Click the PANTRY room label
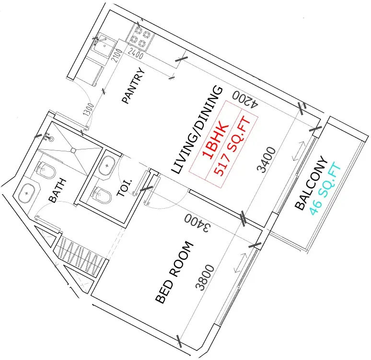point(133,86)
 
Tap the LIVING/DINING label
point(197,130)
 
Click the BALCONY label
point(312,183)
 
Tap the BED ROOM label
point(175,272)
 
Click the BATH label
point(57,191)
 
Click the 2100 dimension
point(116,56)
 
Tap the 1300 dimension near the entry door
point(89,110)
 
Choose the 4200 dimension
point(245,99)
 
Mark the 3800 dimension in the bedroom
point(205,277)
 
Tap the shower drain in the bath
point(73,150)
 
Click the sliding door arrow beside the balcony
point(299,151)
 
